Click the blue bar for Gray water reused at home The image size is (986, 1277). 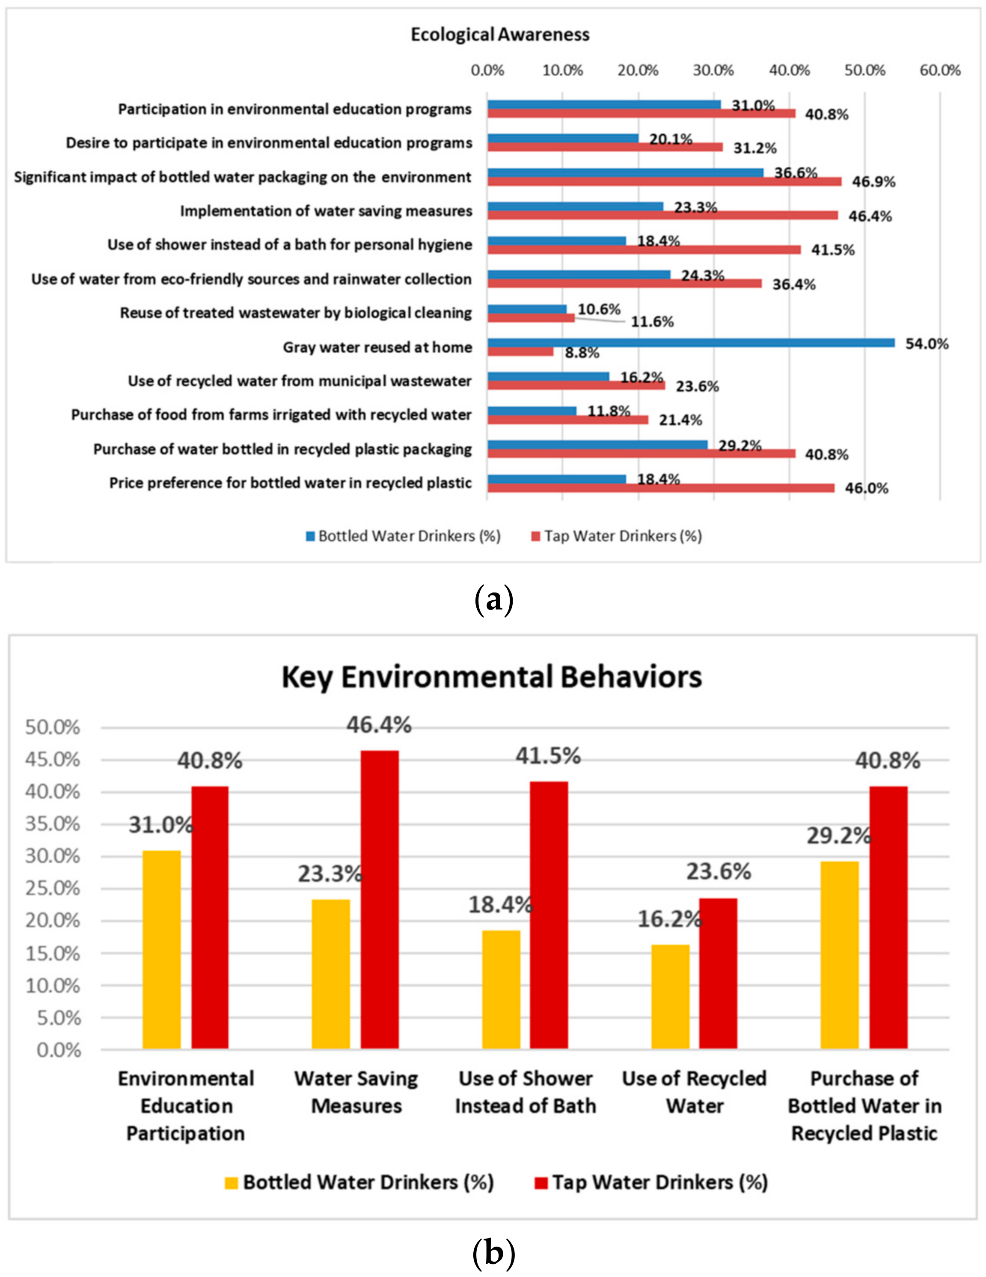[x=690, y=343]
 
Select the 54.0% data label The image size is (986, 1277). [x=927, y=344]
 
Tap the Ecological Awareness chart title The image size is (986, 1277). [x=499, y=35]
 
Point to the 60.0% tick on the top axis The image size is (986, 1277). [x=940, y=71]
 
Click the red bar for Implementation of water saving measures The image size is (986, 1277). [x=662, y=215]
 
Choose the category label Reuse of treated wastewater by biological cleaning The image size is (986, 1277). [x=296, y=313]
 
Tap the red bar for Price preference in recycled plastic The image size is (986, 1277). [x=661, y=488]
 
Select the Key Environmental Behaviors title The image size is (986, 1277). [x=491, y=677]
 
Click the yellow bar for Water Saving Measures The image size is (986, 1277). [x=330, y=974]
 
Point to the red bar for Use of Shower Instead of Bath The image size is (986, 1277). [x=549, y=915]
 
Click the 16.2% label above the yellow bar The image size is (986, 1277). [x=669, y=920]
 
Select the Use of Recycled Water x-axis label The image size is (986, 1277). [x=694, y=1092]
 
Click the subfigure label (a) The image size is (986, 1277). [x=493, y=601]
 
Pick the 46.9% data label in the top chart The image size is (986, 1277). [x=873, y=182]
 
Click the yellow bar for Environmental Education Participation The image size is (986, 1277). [x=161, y=950]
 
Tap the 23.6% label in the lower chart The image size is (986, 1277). [x=718, y=872]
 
